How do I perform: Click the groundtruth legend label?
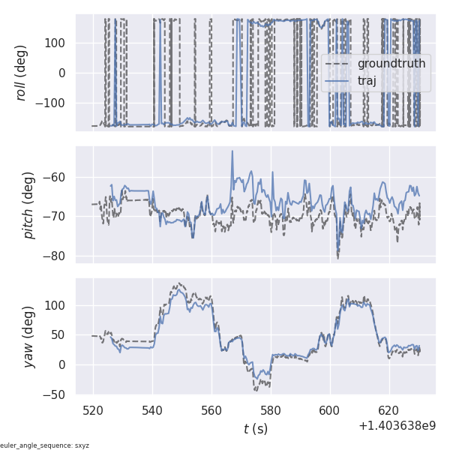click(x=391, y=64)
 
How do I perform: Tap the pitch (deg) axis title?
click(x=28, y=204)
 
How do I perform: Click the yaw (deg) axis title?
click(x=28, y=336)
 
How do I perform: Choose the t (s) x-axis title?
click(x=255, y=429)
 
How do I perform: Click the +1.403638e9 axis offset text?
click(x=397, y=425)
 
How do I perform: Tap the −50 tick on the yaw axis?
click(x=57, y=394)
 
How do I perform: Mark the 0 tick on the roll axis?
click(x=65, y=73)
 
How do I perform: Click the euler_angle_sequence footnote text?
click(x=45, y=445)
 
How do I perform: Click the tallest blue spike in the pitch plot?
click(x=232, y=151)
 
